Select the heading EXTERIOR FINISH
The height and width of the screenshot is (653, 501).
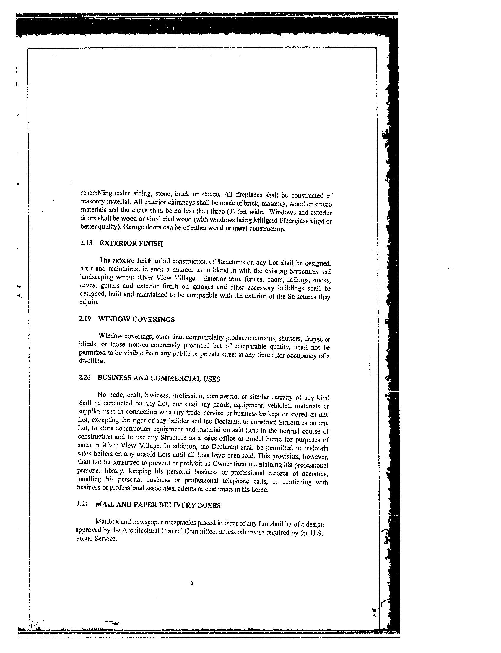[x=131, y=244]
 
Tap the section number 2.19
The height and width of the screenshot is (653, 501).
[x=85, y=319]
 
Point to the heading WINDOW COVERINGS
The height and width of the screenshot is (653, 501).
[x=136, y=319]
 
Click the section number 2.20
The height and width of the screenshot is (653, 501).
[x=84, y=377]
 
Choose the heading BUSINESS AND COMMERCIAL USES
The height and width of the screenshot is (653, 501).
[x=159, y=378]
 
